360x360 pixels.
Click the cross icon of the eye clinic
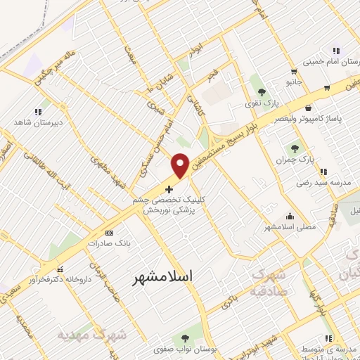(168, 189)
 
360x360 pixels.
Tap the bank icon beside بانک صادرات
(108, 232)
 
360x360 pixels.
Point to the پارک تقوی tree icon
(262, 91)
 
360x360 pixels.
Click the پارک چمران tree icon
(295, 148)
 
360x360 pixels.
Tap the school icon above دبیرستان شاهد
(37, 111)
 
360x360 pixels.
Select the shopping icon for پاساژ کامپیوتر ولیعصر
(310, 108)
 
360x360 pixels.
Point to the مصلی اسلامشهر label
(290, 227)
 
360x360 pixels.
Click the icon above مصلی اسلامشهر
(290, 216)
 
